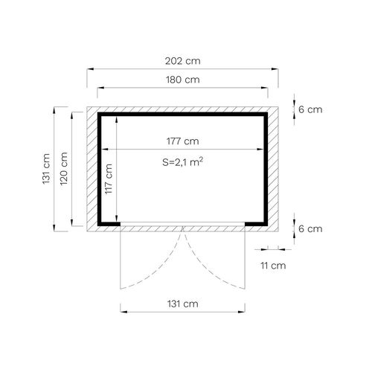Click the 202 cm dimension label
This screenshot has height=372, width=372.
[x=183, y=61]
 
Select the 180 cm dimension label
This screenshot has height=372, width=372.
[x=183, y=80]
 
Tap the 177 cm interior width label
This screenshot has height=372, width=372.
[x=183, y=141]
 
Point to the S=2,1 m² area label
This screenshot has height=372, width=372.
[x=183, y=162]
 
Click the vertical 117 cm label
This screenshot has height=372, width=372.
[x=109, y=179]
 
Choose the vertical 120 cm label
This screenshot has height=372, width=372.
[x=64, y=169]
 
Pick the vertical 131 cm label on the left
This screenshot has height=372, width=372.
[x=46, y=169]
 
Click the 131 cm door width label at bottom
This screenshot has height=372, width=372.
[x=183, y=304]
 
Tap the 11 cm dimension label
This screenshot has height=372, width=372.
[x=273, y=266]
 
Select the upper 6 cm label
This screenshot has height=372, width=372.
[x=310, y=109]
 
